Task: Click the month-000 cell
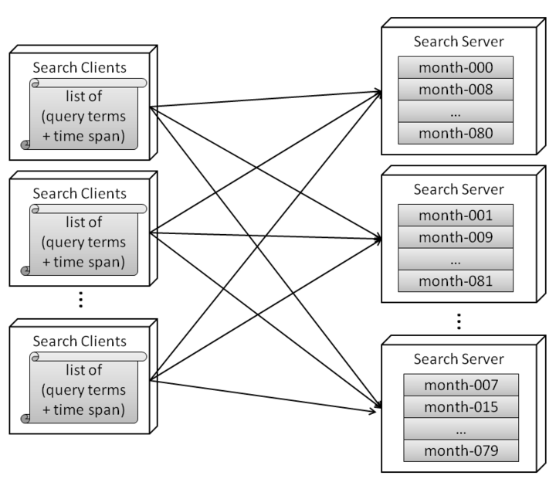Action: click(456, 68)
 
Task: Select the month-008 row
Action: click(456, 90)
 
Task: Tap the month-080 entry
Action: click(456, 133)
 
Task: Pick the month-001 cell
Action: click(456, 216)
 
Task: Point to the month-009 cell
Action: click(456, 237)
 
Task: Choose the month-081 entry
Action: click(456, 280)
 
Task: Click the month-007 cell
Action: click(462, 385)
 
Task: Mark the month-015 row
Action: click(462, 406)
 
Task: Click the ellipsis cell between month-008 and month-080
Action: click(456, 111)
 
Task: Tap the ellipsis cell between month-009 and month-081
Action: click(456, 259)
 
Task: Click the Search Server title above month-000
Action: click(458, 41)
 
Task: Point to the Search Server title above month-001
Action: click(458, 189)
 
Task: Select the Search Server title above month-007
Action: click(458, 358)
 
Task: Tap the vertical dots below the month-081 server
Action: click(458, 319)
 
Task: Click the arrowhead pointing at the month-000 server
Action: click(378, 93)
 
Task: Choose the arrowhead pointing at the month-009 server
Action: click(378, 239)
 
